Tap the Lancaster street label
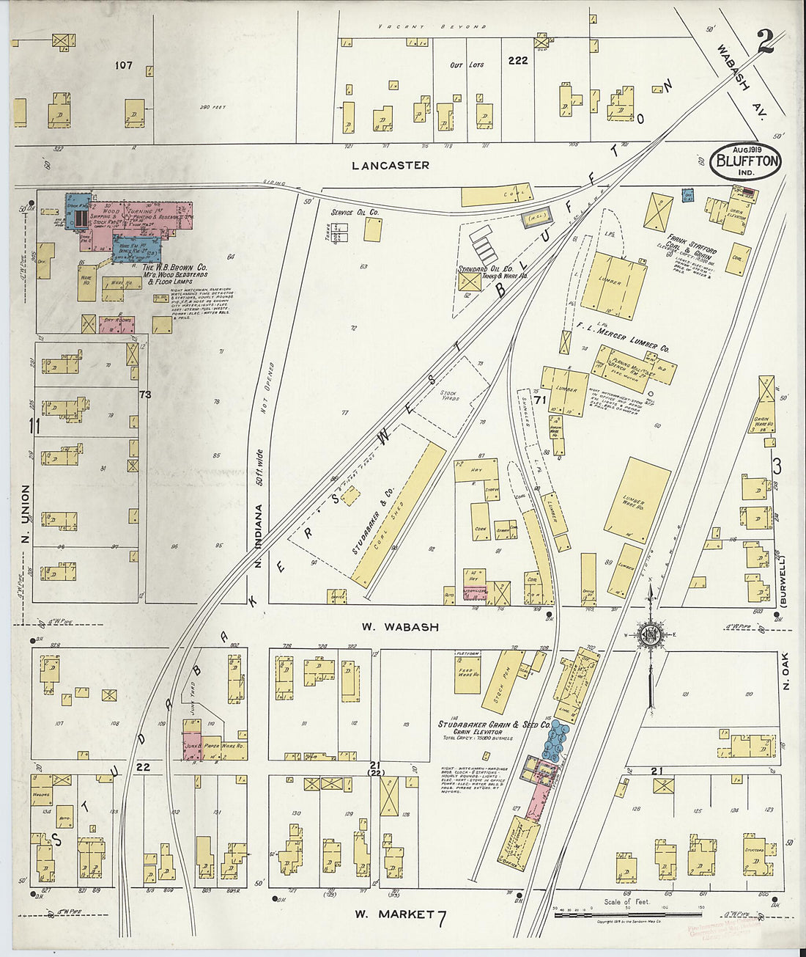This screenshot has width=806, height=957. click(390, 166)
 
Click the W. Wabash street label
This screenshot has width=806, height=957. click(400, 628)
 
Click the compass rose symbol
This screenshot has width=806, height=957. click(649, 634)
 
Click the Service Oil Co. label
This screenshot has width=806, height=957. click(354, 213)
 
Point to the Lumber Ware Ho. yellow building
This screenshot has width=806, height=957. click(636, 499)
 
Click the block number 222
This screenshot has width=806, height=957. click(517, 61)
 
